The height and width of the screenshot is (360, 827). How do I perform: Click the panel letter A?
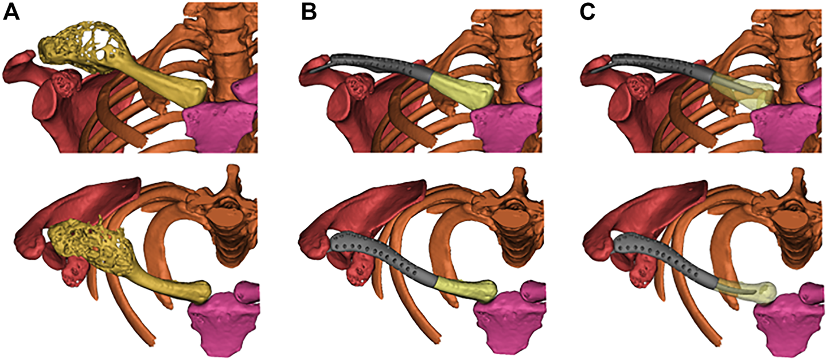(12, 13)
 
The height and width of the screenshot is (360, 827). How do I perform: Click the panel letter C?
(588, 13)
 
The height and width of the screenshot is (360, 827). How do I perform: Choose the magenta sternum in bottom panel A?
(221, 321)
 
